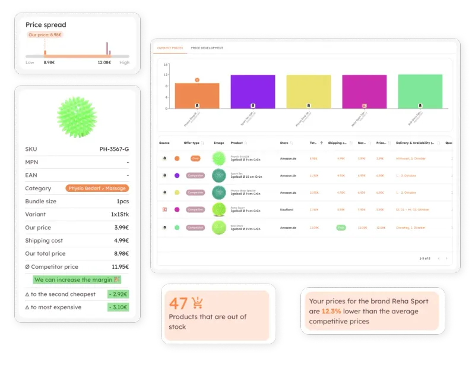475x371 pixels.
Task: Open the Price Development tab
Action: (207, 48)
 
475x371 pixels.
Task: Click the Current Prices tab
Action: (169, 48)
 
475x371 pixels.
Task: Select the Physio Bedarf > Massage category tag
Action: (97, 188)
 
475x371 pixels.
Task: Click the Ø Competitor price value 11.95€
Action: (118, 267)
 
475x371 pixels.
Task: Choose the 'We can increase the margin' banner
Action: (77, 279)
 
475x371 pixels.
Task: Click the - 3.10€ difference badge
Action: (118, 307)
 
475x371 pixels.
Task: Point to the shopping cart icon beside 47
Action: (197, 303)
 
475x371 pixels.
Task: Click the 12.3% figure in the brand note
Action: (332, 311)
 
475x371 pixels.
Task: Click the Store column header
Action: (284, 143)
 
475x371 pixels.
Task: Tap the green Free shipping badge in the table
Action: (341, 227)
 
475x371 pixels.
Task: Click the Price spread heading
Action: (46, 25)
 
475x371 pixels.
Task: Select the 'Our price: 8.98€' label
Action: (45, 35)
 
